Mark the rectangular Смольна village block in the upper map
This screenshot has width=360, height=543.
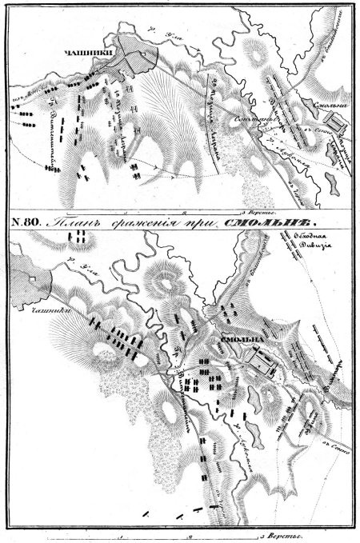[336, 122]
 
